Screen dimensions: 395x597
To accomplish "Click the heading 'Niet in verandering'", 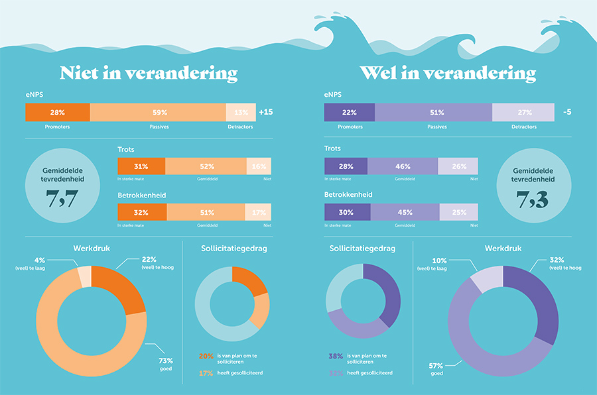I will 149,72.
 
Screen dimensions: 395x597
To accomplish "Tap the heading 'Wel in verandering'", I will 448,72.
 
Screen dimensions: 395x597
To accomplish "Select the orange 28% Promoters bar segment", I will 57,112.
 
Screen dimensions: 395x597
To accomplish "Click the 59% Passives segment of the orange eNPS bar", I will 158,112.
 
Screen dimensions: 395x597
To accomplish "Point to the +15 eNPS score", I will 265,112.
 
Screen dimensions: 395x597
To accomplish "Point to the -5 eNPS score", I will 567,112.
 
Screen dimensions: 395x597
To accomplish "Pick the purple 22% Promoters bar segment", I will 349,112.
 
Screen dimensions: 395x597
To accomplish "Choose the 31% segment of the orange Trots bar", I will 141,166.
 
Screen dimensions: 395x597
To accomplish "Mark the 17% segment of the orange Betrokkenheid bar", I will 258,212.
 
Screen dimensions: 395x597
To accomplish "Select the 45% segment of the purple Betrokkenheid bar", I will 404,212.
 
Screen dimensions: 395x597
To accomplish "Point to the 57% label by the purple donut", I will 436,366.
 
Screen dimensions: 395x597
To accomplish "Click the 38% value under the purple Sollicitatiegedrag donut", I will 336,356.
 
